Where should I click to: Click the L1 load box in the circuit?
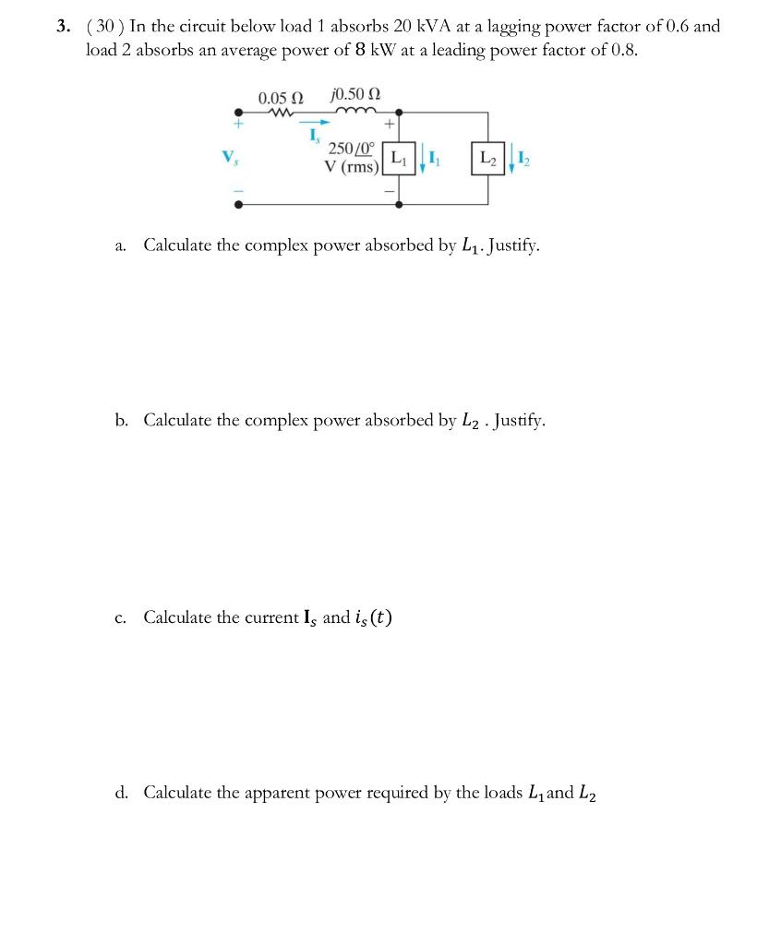pyautogui.click(x=397, y=159)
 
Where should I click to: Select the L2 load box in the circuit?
pyautogui.click(x=487, y=159)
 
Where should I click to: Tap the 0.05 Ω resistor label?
pyautogui.click(x=281, y=97)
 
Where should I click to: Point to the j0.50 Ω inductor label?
pyautogui.click(x=354, y=96)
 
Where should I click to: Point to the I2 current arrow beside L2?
pyautogui.click(x=512, y=160)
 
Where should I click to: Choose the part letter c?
pyautogui.click(x=121, y=617)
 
